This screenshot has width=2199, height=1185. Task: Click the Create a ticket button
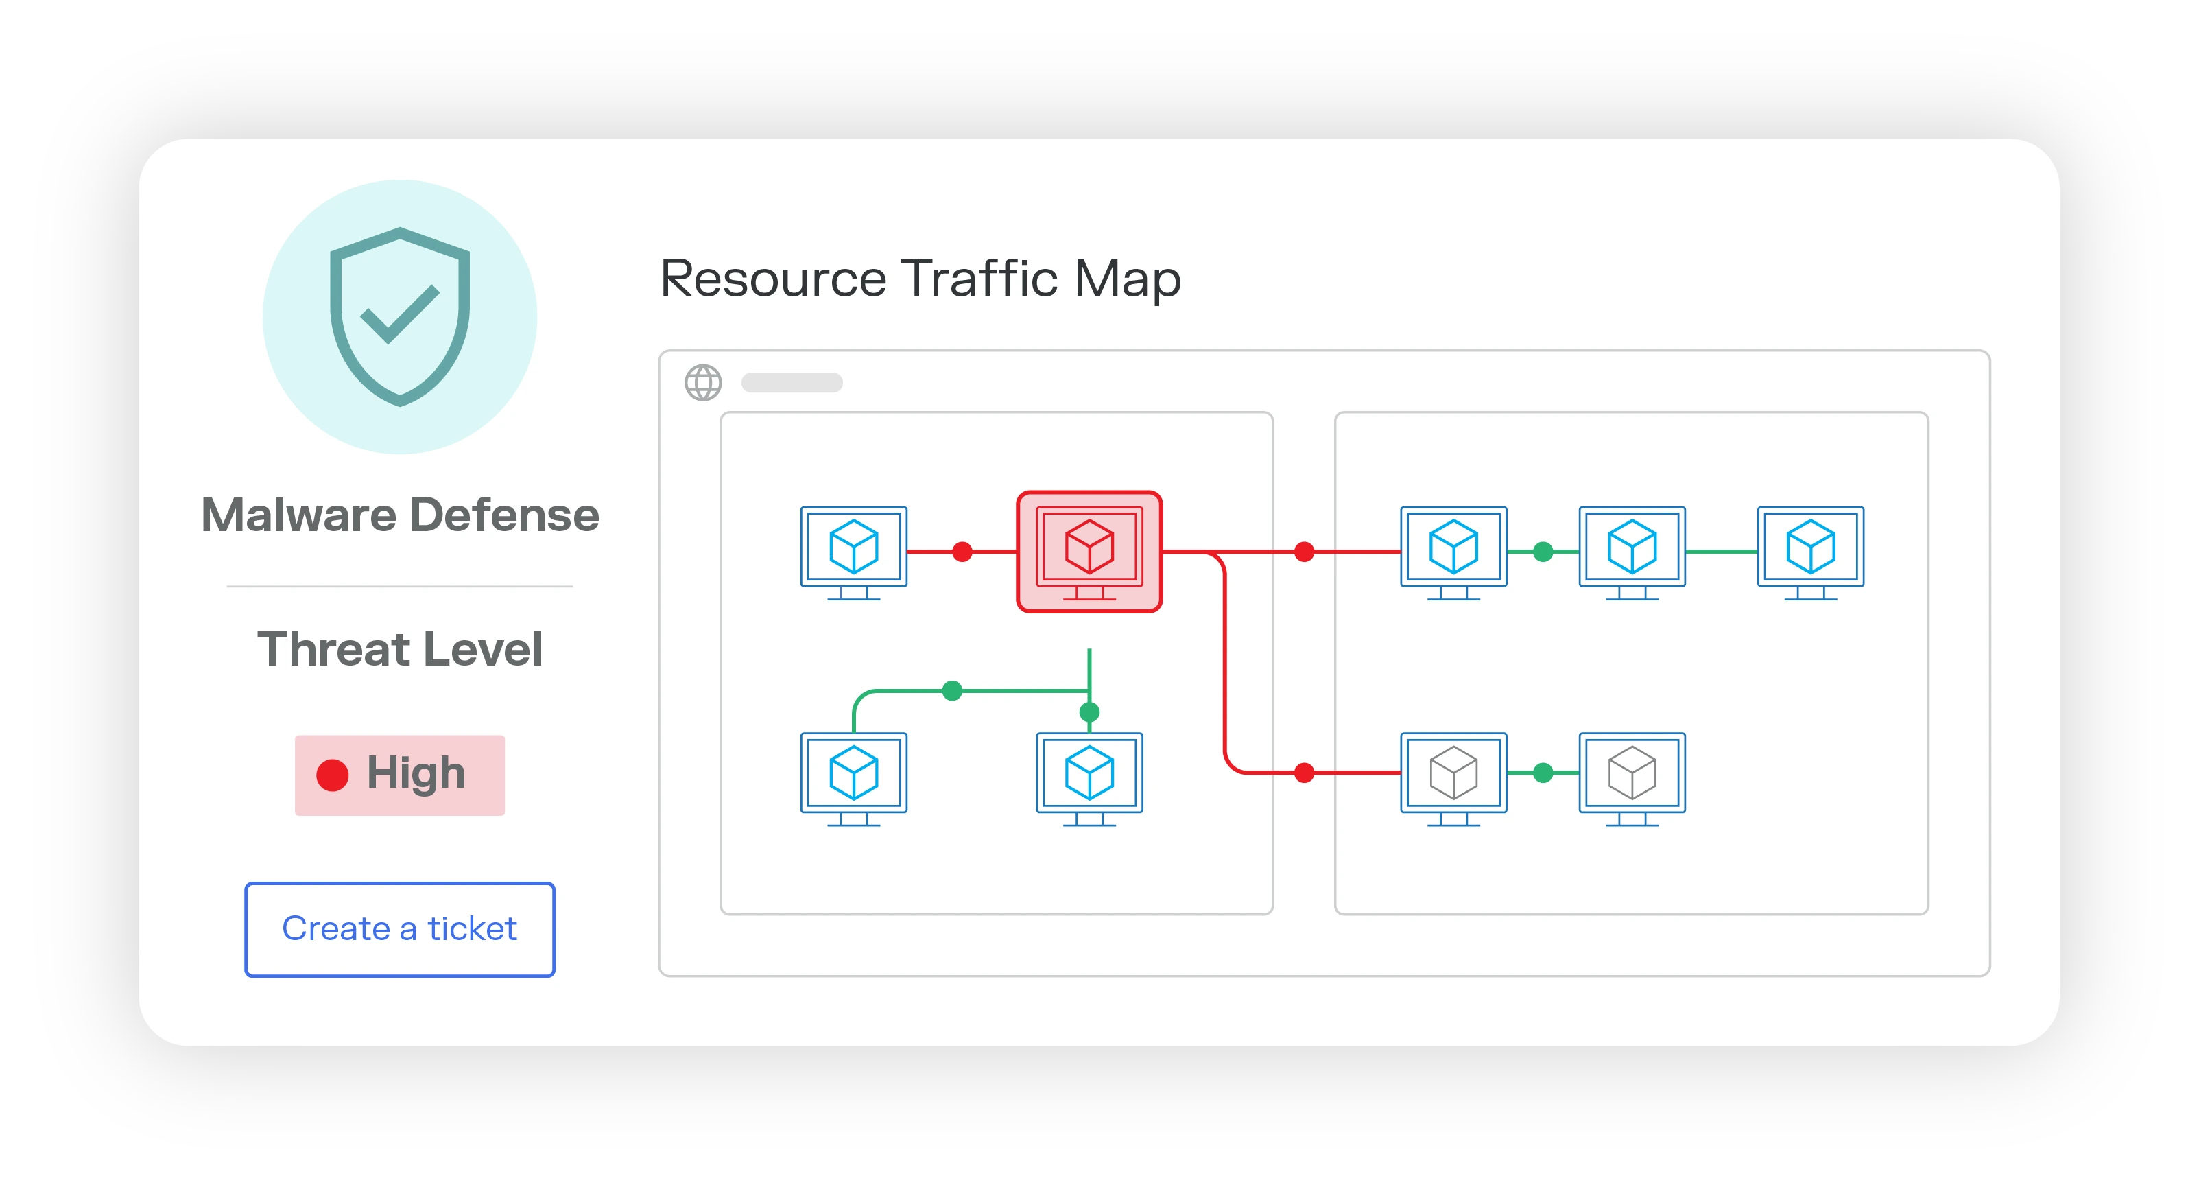pyautogui.click(x=399, y=929)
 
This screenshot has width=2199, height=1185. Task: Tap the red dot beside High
pyautogui.click(x=332, y=775)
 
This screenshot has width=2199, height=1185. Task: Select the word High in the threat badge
pyautogui.click(x=416, y=773)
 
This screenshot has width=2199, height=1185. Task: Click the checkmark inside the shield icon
pyautogui.click(x=399, y=314)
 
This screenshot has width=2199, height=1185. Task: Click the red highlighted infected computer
pyautogui.click(x=1089, y=551)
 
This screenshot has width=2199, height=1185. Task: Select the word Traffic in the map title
pyautogui.click(x=979, y=279)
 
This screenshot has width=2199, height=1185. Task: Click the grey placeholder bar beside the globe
pyautogui.click(x=792, y=382)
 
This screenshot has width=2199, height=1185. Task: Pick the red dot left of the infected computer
pyautogui.click(x=962, y=552)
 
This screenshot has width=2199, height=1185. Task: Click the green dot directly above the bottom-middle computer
pyautogui.click(x=1089, y=711)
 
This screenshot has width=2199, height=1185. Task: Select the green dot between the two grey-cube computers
pyautogui.click(x=1543, y=773)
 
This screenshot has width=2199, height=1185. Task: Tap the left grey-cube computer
pyautogui.click(x=1453, y=777)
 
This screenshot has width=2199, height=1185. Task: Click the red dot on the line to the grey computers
pyautogui.click(x=1303, y=773)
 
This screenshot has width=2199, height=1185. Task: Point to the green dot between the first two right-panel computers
pyautogui.click(x=1543, y=552)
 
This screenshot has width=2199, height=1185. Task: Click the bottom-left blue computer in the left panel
pyautogui.click(x=854, y=777)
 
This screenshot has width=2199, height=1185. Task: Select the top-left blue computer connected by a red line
pyautogui.click(x=854, y=551)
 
